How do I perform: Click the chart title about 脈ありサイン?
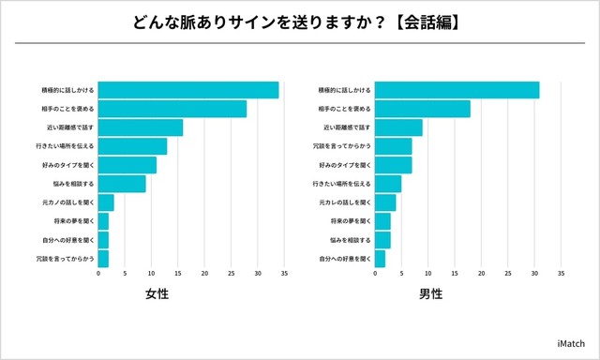point(299,22)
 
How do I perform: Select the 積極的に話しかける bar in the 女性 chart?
point(188,90)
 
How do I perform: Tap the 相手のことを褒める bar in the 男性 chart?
point(423,109)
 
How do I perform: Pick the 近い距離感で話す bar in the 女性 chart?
point(141,127)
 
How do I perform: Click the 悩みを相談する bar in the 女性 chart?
point(122,184)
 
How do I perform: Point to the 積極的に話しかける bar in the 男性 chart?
point(457,90)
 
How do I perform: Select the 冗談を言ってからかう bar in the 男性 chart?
point(393,146)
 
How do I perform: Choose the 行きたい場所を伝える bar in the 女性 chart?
point(132,146)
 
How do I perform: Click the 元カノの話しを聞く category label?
point(63,202)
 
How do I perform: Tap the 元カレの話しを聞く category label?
point(344,202)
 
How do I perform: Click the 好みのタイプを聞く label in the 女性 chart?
point(63,165)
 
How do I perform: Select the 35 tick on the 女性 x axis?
point(284,275)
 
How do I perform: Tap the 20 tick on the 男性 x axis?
point(481,275)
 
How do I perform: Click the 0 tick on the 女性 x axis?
point(98,275)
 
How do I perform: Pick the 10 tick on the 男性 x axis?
point(427,275)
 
